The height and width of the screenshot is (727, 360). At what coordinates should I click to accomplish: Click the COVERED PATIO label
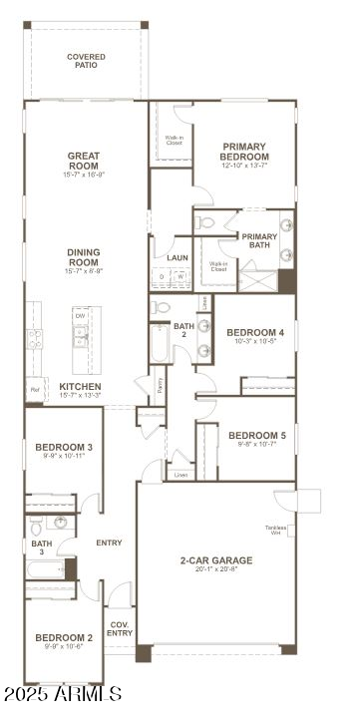tap(86, 61)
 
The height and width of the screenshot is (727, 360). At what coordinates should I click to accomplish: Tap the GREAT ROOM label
tap(84, 160)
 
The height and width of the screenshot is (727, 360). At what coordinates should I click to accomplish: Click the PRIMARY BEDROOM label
tap(245, 151)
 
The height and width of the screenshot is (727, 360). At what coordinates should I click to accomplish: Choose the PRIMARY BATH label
tap(259, 240)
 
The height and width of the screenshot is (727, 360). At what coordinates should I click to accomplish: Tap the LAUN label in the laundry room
tap(178, 257)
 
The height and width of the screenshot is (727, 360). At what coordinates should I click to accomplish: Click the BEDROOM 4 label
tap(255, 332)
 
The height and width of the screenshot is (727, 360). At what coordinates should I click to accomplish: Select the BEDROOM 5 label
tap(256, 435)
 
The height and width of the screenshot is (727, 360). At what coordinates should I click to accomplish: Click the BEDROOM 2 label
tap(64, 637)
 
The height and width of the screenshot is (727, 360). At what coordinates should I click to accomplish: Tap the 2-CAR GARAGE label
tap(215, 560)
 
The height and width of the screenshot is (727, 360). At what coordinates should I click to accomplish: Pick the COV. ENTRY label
tap(120, 628)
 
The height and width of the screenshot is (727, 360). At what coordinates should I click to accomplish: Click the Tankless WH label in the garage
tap(276, 530)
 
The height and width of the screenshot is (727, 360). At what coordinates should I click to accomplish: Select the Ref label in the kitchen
tap(35, 390)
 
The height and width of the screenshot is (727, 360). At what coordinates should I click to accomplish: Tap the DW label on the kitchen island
tap(80, 316)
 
